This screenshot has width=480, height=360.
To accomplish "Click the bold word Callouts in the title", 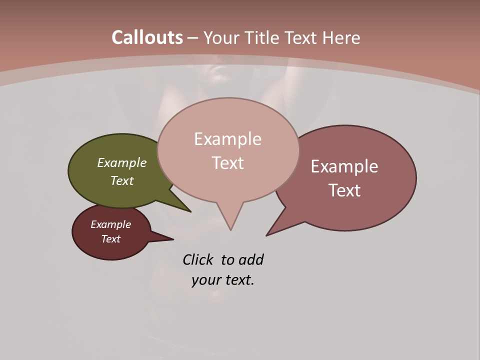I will (x=147, y=37).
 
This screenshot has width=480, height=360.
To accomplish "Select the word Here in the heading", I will (x=341, y=37).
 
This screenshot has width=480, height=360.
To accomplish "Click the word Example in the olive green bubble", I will (x=122, y=162).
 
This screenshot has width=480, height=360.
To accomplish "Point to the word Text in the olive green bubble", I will (x=122, y=180).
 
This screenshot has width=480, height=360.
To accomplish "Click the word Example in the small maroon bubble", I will (x=110, y=224).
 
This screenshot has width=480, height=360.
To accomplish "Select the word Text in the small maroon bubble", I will (x=110, y=239).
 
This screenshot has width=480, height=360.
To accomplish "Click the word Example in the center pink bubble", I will (x=227, y=139).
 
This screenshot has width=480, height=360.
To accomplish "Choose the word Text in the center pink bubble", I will (x=227, y=163).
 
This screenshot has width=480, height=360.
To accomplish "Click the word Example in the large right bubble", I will (x=344, y=166).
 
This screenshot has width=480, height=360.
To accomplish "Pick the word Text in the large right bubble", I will (x=344, y=190).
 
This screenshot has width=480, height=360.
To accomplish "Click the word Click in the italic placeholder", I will (x=197, y=260).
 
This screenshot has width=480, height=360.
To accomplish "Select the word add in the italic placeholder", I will (x=251, y=260).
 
